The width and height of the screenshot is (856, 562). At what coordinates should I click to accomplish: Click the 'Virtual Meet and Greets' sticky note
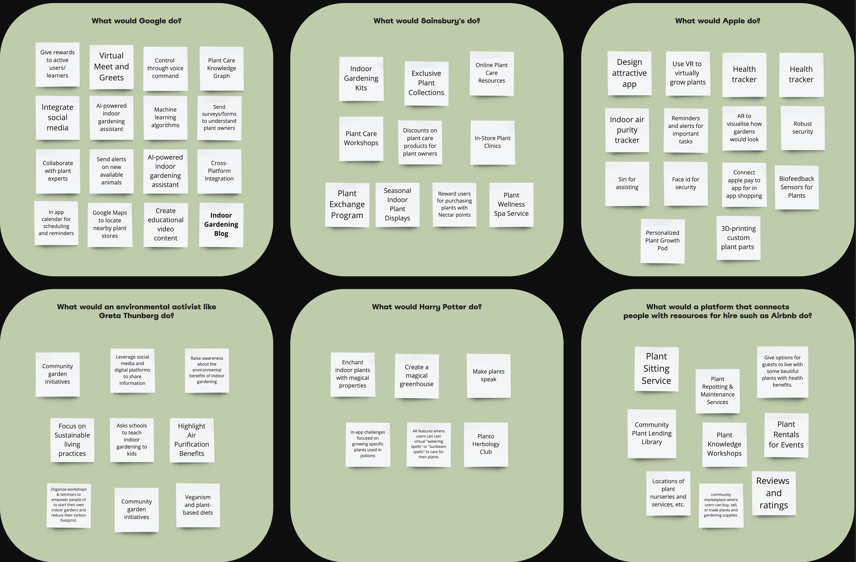click(x=111, y=67)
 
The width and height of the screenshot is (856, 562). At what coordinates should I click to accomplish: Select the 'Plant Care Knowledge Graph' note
click(x=222, y=68)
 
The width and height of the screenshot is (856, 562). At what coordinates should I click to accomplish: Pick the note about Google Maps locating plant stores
click(x=110, y=224)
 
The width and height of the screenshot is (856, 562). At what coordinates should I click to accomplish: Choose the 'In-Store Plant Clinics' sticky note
click(x=492, y=142)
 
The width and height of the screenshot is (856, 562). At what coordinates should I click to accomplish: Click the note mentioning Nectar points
click(x=454, y=204)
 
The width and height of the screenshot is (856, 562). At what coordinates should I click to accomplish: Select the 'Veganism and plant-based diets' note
click(x=198, y=505)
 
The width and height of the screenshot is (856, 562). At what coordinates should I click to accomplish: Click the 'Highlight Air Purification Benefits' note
click(x=192, y=440)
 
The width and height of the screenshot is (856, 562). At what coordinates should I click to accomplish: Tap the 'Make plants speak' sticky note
click(x=488, y=376)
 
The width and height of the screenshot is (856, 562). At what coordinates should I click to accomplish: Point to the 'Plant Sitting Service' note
click(x=656, y=369)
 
